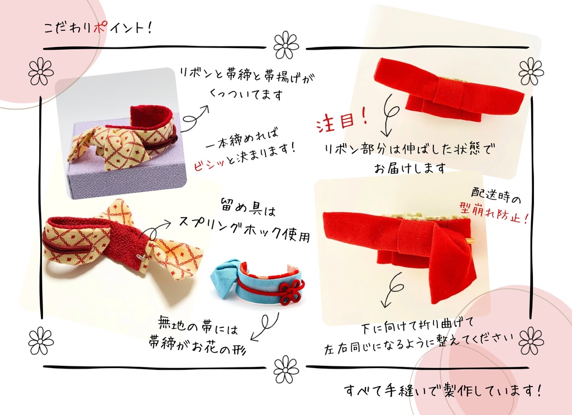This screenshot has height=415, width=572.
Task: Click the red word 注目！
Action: coord(342,122)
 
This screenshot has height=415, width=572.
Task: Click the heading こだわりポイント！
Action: coord(98,28)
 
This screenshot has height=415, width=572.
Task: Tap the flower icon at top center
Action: coord(286,45)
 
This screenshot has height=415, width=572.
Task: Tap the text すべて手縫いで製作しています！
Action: coord(442,390)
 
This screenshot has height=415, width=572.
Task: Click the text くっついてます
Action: coord(245,94)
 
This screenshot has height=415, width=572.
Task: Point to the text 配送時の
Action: coord(497,198)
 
